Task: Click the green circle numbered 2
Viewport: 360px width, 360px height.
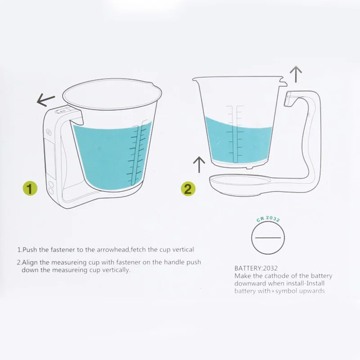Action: pos(188,189)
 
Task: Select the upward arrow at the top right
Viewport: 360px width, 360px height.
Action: pos(295,74)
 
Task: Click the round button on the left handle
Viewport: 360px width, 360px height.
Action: pos(48,132)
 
